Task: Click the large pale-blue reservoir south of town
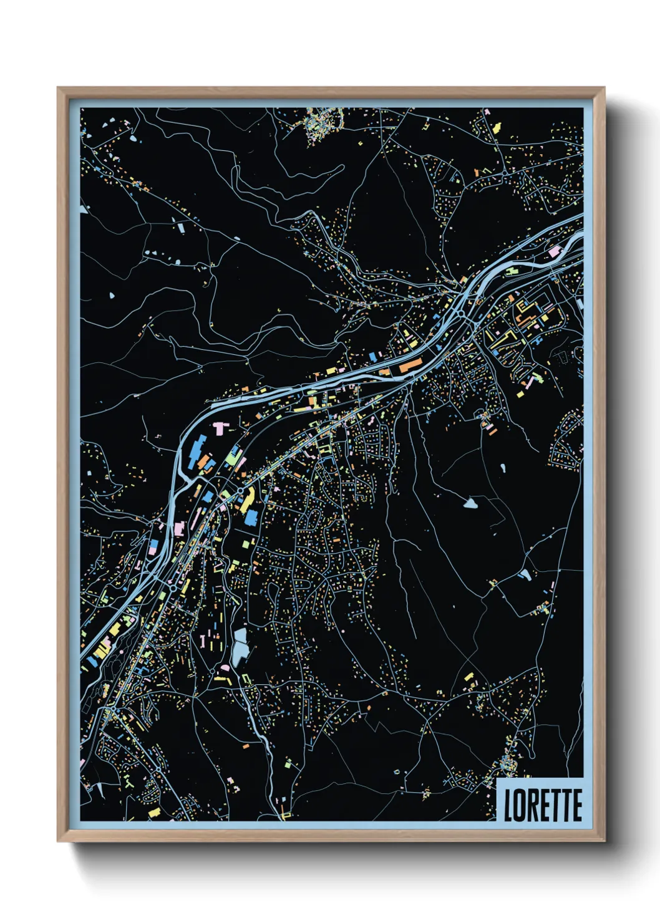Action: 240,647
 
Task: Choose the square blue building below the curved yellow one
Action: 251,518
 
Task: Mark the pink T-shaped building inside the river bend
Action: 220,428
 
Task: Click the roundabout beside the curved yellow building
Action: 240,491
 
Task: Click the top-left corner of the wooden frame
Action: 59,89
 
